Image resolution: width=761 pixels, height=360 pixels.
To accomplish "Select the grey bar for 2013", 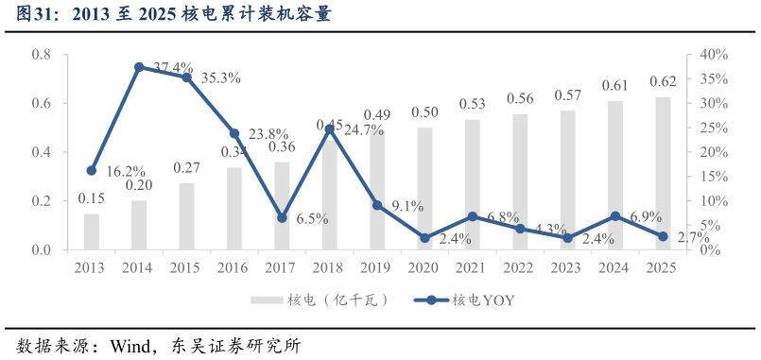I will (91, 231).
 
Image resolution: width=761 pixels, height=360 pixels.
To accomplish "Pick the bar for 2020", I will (424, 189).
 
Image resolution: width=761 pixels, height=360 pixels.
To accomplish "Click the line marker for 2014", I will (139, 67).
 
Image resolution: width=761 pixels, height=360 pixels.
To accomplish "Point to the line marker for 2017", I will (282, 217).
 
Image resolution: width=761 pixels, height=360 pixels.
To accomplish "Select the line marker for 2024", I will (615, 216).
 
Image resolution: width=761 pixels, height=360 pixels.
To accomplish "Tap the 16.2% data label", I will (126, 172).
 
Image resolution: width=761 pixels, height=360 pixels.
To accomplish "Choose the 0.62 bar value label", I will (663, 82).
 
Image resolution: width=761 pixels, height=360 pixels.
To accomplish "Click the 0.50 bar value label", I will (424, 112).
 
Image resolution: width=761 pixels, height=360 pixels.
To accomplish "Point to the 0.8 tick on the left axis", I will (42, 55).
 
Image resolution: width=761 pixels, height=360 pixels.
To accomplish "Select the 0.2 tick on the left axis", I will (42, 201).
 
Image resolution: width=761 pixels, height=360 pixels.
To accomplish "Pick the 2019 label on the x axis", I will (376, 267).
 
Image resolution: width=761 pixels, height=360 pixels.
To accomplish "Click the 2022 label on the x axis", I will (519, 267).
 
